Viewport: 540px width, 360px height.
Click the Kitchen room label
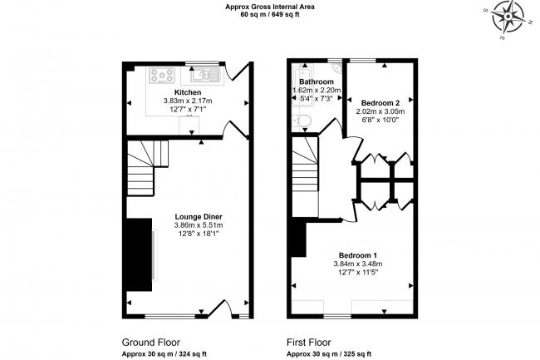[188, 92]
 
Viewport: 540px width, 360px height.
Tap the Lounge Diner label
[199, 217]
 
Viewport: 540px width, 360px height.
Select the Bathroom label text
[317, 81]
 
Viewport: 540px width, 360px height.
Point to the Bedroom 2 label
[380, 102]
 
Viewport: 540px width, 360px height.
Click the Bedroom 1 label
[358, 255]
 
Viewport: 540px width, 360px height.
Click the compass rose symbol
[508, 17]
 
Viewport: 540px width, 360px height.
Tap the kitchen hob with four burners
[162, 76]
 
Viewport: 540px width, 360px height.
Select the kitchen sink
[205, 75]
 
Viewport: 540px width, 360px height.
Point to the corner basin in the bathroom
[336, 68]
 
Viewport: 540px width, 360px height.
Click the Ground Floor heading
[151, 343]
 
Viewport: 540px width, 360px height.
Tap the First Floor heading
[308, 343]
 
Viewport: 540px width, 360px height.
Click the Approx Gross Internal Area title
[270, 7]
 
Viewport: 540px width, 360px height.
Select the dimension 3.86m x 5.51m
[199, 225]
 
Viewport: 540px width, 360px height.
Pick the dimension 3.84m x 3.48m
[358, 264]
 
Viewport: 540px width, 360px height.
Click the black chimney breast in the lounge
[139, 254]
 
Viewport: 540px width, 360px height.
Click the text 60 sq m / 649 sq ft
[270, 14]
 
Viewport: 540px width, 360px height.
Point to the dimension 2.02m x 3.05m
[380, 111]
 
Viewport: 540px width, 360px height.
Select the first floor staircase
[305, 164]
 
